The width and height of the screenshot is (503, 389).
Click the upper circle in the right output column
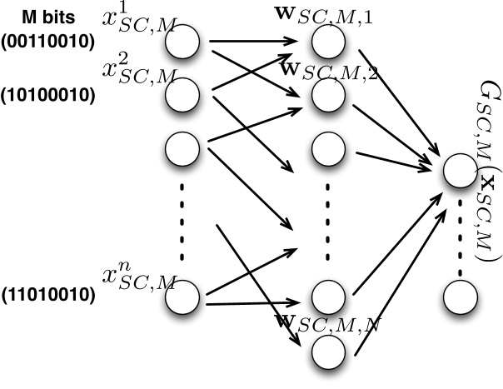coord(458,172)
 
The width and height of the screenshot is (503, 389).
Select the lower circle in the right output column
coord(458,297)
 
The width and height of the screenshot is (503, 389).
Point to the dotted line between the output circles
coord(458,233)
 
